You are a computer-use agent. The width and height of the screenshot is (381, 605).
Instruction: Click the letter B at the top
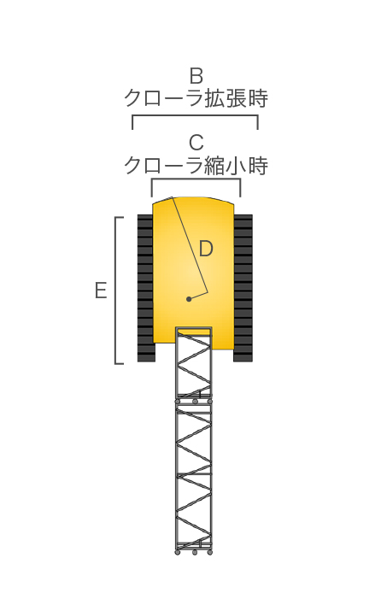196,76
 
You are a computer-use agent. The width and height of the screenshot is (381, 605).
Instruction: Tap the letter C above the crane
196,143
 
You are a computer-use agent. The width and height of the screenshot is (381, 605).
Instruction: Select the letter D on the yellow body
206,249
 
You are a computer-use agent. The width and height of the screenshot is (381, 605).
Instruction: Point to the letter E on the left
101,291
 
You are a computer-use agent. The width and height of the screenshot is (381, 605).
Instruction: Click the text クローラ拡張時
196,98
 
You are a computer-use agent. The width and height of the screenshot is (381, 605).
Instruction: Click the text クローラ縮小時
196,166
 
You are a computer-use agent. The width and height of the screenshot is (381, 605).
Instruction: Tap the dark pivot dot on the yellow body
189,299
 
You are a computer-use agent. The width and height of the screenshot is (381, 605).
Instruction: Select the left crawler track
146,288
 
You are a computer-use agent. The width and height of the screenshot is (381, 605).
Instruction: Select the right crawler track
243,288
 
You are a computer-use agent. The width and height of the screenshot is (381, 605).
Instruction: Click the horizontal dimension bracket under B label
195,115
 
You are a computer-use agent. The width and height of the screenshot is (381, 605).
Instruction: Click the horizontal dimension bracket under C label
196,179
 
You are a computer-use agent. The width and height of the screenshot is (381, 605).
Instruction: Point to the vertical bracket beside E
115,291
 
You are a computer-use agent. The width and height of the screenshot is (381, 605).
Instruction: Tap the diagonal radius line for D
190,245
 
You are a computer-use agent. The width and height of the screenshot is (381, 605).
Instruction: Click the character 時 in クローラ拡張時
258,98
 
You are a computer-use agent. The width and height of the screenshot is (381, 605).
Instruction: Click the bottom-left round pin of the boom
178,553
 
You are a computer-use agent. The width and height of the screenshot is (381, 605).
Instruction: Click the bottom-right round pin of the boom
210,553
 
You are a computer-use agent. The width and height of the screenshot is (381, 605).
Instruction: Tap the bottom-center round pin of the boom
195,553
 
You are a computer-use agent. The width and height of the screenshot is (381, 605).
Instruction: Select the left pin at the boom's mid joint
178,402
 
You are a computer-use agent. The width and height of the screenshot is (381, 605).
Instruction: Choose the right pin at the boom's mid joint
210,402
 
